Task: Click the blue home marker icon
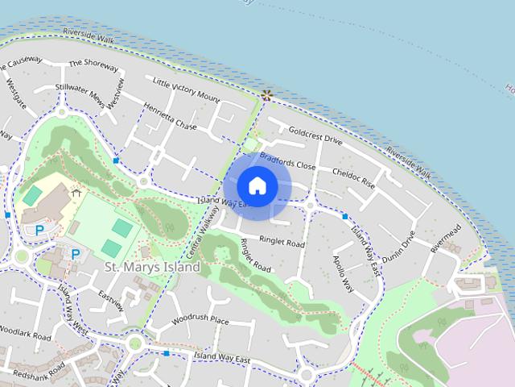pos(257,185)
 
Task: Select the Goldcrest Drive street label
pos(315,134)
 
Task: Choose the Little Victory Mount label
pos(186,91)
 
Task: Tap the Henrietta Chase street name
pos(170,116)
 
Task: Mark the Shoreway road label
pos(93,63)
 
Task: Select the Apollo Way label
pos(344,273)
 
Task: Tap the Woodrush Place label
pos(200,320)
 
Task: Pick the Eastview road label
pos(111,300)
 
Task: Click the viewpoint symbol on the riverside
pos(266,95)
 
